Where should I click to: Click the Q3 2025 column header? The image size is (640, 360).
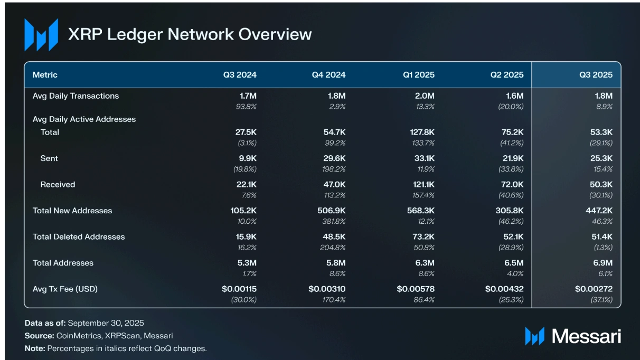(596, 75)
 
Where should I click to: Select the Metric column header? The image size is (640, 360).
(45, 75)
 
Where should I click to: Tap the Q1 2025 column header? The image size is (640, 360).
(418, 75)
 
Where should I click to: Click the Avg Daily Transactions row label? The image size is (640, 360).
(76, 96)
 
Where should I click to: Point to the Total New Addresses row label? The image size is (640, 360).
(72, 211)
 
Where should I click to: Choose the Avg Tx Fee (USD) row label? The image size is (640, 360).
(65, 289)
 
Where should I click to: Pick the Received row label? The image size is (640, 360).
(58, 185)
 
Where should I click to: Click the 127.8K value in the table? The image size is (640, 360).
(421, 132)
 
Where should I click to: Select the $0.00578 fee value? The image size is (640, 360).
(416, 289)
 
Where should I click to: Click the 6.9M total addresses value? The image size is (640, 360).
(601, 263)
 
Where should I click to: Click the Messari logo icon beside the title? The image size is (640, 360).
(41, 35)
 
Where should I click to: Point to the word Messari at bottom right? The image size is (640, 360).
(586, 336)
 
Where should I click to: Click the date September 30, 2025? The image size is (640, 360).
(106, 323)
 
